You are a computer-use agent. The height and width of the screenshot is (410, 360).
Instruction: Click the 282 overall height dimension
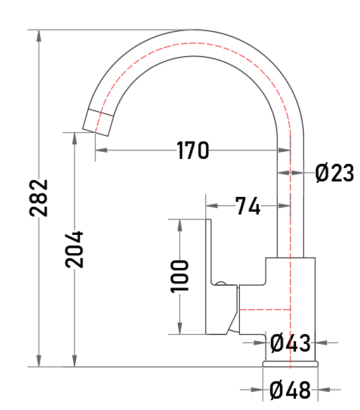pos(39,198)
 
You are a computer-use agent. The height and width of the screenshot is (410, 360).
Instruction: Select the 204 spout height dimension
pos(75,250)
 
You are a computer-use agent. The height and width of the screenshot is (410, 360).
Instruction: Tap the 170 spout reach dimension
pos(193,150)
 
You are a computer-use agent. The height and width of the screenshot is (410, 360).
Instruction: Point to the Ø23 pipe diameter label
pos(335,173)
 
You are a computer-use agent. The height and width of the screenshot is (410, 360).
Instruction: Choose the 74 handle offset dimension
pos(247,206)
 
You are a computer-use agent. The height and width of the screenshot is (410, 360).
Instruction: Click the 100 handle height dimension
pos(179,276)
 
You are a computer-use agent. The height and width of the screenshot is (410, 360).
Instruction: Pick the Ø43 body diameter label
pos(290,342)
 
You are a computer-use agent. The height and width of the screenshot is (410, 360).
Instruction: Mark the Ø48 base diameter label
pos(290,390)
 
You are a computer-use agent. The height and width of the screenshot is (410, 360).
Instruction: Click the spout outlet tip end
pos(95,133)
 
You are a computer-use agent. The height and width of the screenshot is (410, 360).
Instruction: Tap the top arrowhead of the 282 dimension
pos(39,36)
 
